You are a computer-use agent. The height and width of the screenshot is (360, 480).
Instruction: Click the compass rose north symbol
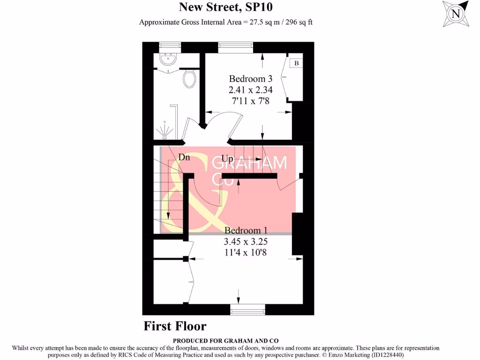(x=455, y=14)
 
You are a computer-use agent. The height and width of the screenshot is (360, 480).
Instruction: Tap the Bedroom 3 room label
(x=250, y=78)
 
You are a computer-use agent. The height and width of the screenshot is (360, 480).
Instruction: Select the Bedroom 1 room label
(x=246, y=231)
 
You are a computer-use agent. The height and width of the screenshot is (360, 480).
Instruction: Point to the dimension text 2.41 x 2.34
(x=250, y=90)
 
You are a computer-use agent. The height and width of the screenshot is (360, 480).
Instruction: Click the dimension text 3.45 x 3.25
(x=246, y=242)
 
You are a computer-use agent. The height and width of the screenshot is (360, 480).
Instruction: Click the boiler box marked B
(x=296, y=63)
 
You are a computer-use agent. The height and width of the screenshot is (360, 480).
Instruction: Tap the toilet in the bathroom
(x=189, y=79)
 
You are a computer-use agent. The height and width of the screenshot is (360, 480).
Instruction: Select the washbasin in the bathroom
(x=168, y=60)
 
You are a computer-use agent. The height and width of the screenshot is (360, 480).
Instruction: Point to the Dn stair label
(x=184, y=157)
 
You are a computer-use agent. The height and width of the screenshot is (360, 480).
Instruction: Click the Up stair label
(x=227, y=158)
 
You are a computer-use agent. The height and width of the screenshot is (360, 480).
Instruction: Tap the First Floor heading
(x=175, y=326)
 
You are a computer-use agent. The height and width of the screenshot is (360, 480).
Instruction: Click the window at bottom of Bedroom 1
(x=247, y=309)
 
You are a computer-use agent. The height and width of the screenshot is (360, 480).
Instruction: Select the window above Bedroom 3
(x=236, y=47)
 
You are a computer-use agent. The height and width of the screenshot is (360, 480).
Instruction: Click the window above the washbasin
(x=170, y=47)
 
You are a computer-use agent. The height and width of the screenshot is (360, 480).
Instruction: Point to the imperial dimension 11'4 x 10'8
(x=246, y=253)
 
